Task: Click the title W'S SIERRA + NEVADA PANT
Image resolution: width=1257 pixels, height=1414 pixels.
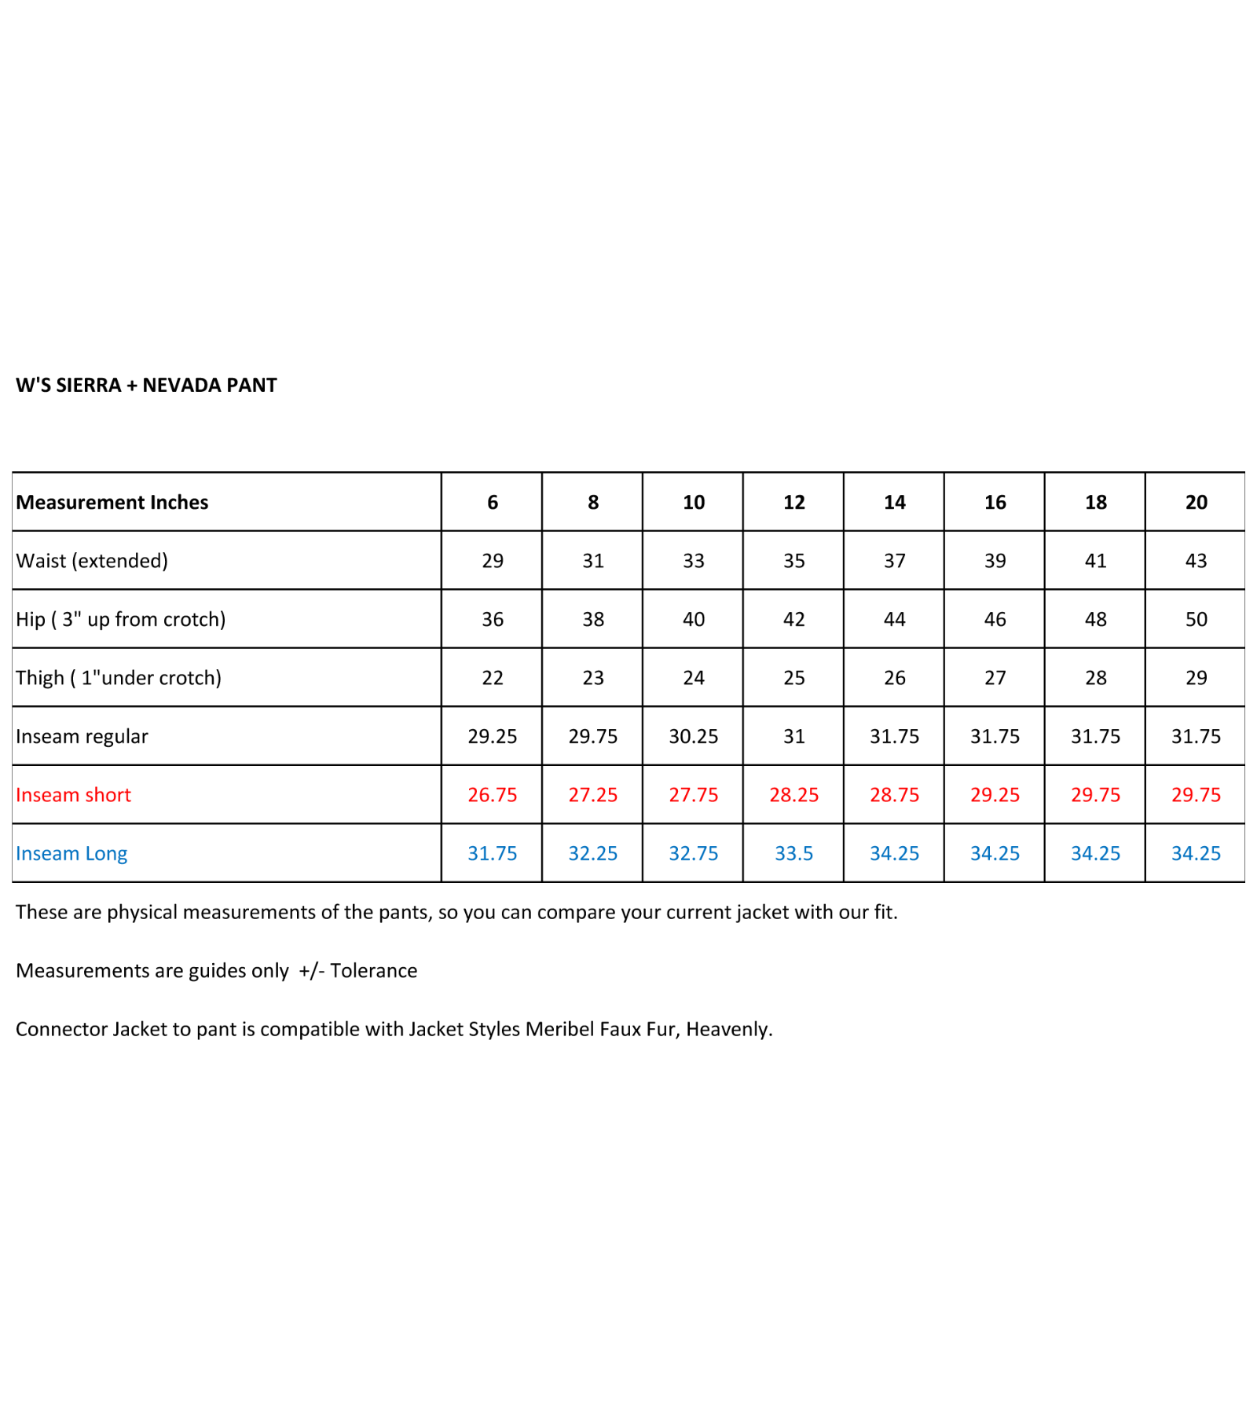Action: coord(146,385)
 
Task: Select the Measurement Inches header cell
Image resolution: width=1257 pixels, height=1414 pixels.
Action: coord(112,502)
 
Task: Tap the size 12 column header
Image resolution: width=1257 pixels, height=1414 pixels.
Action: coord(793,502)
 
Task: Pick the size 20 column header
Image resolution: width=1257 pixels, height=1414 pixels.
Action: coord(1196,502)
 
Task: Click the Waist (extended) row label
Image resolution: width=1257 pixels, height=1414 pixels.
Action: coord(92,561)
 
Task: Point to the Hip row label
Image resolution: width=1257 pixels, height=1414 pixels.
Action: coord(120,619)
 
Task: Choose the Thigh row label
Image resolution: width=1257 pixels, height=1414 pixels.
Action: coord(119,678)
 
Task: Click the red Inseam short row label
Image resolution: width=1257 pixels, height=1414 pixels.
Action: coord(73,795)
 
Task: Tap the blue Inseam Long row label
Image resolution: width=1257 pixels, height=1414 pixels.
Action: coord(71,854)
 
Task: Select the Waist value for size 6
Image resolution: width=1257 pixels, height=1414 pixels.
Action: coord(493,561)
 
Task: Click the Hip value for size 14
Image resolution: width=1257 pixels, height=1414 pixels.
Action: coord(894,619)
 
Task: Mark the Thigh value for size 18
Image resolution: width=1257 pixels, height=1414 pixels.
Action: coord(1095,678)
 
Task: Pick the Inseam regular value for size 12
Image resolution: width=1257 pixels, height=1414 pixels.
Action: coord(793,736)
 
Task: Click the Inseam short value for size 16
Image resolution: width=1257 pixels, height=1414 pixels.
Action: coord(995,795)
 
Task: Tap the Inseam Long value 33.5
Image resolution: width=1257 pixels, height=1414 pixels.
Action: coord(793,854)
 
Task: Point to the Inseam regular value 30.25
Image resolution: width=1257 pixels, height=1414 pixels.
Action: coord(693,736)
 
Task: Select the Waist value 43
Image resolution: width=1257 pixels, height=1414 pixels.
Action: coord(1196,561)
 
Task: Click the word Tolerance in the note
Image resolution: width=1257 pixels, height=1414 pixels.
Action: coord(373,971)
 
